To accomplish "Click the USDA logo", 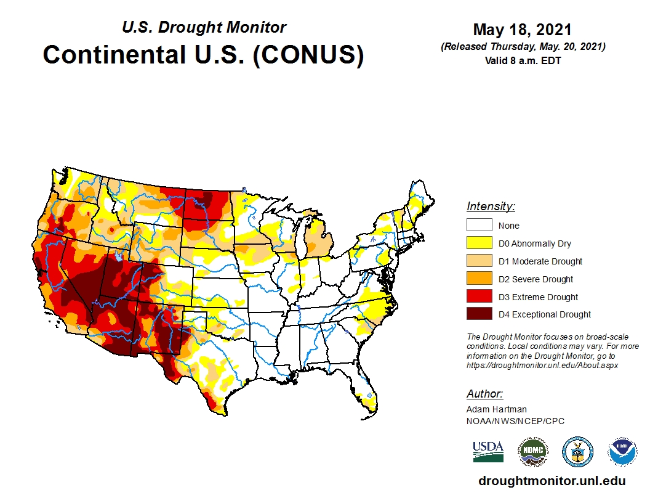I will click(x=488, y=451).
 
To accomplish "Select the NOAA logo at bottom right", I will click(x=622, y=452).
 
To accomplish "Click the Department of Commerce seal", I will click(x=577, y=452).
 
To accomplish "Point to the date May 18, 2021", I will click(x=522, y=30).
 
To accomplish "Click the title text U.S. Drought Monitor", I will click(x=204, y=28).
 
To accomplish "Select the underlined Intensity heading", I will click(x=491, y=207).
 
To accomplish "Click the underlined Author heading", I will click(x=484, y=394).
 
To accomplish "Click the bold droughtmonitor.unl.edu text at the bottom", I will click(x=552, y=481).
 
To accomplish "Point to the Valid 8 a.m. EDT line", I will click(x=523, y=60).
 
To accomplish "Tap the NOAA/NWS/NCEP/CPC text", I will click(x=515, y=421).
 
